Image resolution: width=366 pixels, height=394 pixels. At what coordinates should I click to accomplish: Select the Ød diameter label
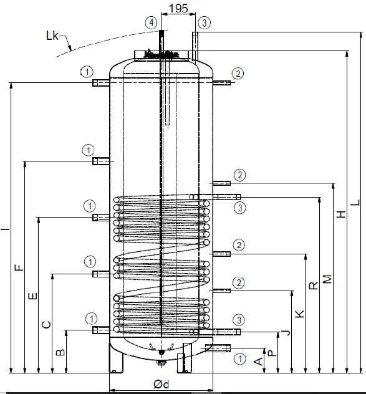[161, 384]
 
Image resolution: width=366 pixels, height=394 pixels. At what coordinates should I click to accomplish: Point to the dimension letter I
[5, 231]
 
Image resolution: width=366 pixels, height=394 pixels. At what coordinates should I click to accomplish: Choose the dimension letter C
[46, 324]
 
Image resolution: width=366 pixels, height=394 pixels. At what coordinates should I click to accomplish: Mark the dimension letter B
[60, 353]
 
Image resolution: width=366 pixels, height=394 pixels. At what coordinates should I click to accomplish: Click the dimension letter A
[258, 362]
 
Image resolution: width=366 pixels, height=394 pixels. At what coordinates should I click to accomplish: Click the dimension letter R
[314, 286]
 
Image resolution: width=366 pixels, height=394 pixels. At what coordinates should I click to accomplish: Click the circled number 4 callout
[150, 22]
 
